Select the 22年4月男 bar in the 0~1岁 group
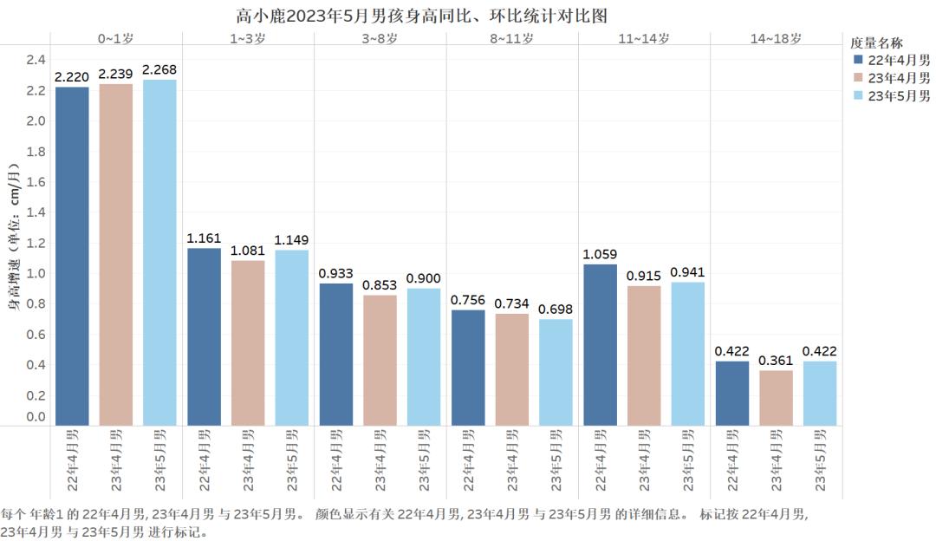click(x=71, y=256)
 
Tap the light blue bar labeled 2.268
click(x=159, y=252)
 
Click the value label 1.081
click(x=247, y=251)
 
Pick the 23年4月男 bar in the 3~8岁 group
click(x=380, y=360)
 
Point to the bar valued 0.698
click(x=556, y=372)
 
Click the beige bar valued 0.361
click(x=776, y=397)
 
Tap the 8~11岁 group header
click(x=512, y=39)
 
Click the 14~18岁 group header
click(x=776, y=39)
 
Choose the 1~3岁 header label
click(x=248, y=39)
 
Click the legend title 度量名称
click(x=877, y=42)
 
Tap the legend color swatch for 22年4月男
click(x=858, y=60)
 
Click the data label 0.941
click(x=688, y=271)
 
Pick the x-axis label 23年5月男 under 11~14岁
click(x=688, y=460)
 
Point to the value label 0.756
click(x=468, y=300)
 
